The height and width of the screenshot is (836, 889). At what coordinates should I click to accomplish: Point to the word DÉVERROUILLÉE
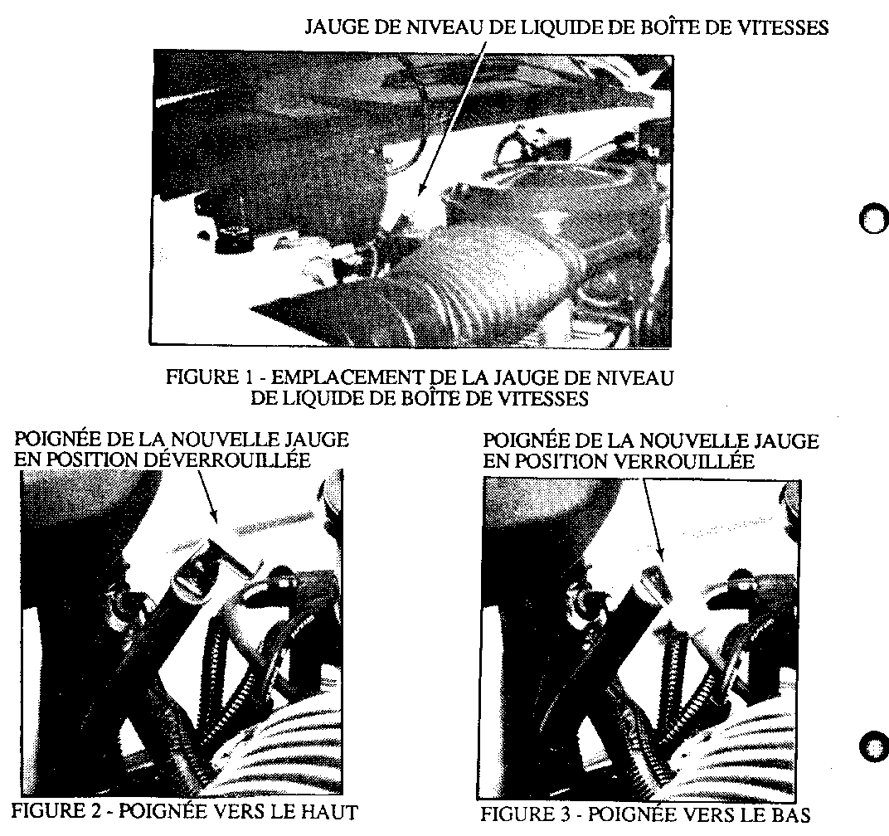click(x=226, y=460)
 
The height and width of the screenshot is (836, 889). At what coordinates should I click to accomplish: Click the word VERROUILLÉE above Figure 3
click(x=684, y=461)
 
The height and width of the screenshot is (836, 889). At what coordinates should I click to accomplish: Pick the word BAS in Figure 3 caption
click(x=789, y=814)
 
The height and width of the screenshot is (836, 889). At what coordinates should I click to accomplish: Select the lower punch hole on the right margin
click(x=874, y=745)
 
